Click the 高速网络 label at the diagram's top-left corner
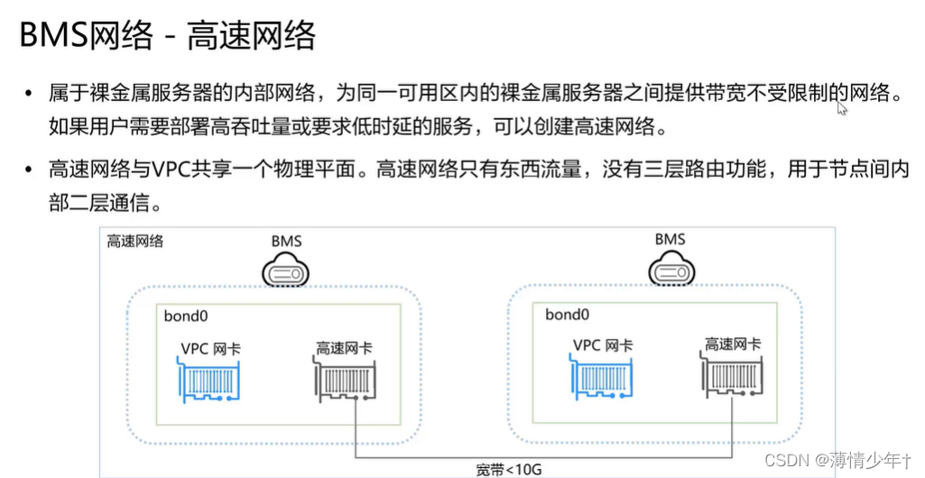click(135, 242)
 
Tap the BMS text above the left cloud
click(286, 241)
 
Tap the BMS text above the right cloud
click(670, 239)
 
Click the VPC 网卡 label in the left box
click(211, 346)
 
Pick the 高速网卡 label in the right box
click(732, 344)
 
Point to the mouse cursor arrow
click(841, 107)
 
